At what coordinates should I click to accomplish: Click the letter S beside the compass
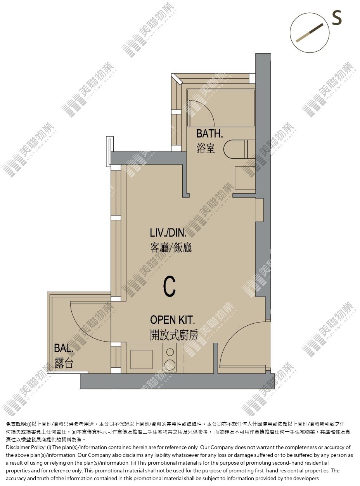[337, 17]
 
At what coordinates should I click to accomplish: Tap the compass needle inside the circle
[310, 33]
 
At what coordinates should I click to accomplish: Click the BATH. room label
[209, 134]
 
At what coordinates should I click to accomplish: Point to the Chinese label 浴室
[206, 148]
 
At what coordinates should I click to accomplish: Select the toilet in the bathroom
[239, 149]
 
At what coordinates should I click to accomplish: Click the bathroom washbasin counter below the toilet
[245, 178]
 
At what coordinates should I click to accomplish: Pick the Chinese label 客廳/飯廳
[171, 248]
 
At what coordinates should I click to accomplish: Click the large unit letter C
[170, 286]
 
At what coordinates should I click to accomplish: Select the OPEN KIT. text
[172, 320]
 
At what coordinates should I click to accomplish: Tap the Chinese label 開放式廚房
[174, 335]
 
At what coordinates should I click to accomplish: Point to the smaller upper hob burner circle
[170, 352]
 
